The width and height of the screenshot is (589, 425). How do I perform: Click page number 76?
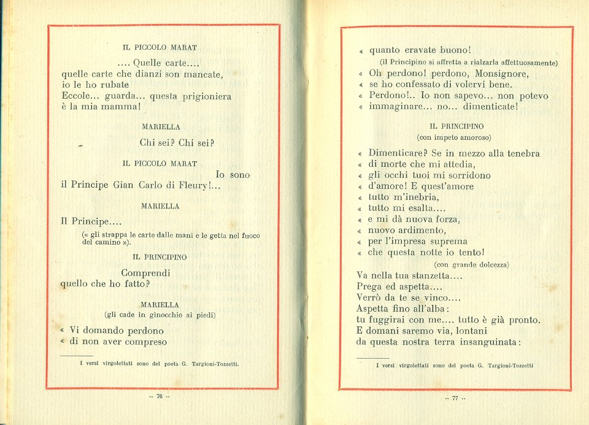[159, 397]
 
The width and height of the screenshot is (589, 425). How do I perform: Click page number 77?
[455, 399]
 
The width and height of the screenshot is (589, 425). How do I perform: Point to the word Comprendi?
[145, 272]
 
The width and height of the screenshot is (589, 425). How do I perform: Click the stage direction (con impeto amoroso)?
[454, 137]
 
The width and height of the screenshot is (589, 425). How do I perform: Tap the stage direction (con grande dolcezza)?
[471, 264]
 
